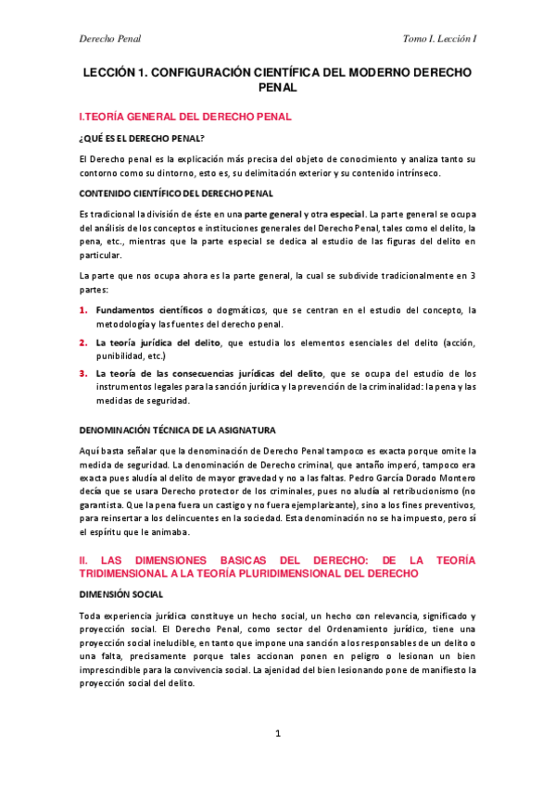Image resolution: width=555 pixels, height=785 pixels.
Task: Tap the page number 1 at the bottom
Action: pyautogui.click(x=277, y=733)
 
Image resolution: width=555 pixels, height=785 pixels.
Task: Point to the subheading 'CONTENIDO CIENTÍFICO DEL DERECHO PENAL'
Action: pyautogui.click(x=176, y=193)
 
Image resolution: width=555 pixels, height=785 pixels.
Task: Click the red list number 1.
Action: pyautogui.click(x=82, y=309)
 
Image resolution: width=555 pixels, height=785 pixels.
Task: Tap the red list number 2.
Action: pyautogui.click(x=82, y=343)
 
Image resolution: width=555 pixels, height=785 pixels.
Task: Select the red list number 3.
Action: pyautogui.click(x=82, y=374)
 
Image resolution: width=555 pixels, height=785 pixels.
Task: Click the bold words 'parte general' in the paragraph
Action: pyautogui.click(x=265, y=214)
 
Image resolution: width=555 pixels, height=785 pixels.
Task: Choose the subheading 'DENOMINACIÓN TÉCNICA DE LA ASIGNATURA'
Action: pyautogui.click(x=177, y=430)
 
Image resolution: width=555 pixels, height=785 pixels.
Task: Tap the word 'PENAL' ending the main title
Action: pyautogui.click(x=277, y=87)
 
